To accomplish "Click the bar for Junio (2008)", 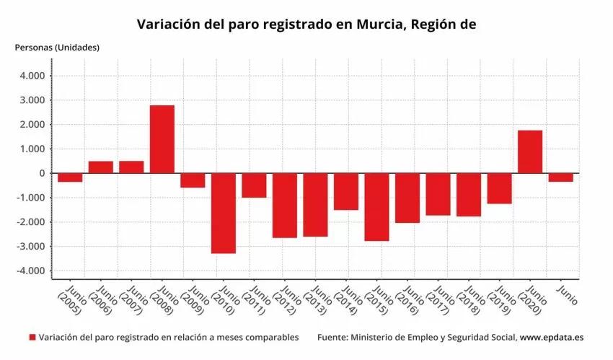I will click(x=162, y=139).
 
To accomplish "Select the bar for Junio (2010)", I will click(x=224, y=213).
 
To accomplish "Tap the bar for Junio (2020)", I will click(x=530, y=152).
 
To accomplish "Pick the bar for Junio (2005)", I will click(x=70, y=177).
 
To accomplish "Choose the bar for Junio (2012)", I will click(x=285, y=206).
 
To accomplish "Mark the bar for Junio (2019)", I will click(x=499, y=188).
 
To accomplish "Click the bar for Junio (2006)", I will click(x=101, y=167).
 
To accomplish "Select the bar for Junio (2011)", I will click(x=254, y=185).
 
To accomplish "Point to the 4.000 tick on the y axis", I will click(x=32, y=76).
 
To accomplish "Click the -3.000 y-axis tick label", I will click(x=31, y=247).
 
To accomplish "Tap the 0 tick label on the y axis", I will click(x=42, y=173).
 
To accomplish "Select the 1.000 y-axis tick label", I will click(x=32, y=149).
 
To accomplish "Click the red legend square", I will click(x=32, y=337).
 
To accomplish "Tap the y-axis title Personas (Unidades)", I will click(x=57, y=48).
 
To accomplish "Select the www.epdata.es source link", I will click(x=552, y=337).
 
